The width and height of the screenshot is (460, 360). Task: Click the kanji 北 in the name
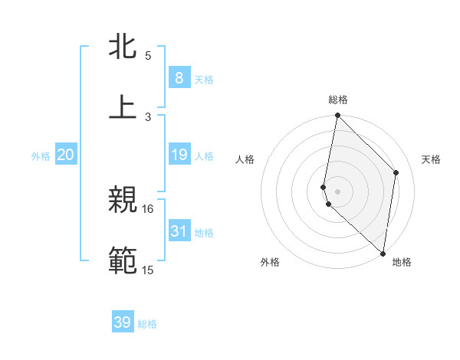click(x=123, y=47)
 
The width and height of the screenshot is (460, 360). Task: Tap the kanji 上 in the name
click(x=123, y=107)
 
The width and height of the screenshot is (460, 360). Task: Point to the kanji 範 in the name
click(x=123, y=260)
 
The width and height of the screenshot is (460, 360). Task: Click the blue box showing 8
click(x=179, y=78)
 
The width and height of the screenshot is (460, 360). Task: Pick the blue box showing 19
click(x=179, y=155)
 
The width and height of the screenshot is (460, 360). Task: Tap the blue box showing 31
click(x=179, y=231)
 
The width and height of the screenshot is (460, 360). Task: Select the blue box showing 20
click(x=66, y=155)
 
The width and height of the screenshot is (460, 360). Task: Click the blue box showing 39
click(x=123, y=322)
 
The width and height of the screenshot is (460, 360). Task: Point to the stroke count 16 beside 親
click(x=148, y=208)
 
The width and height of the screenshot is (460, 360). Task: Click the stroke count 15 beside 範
click(x=148, y=270)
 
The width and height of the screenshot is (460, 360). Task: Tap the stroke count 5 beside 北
click(x=148, y=56)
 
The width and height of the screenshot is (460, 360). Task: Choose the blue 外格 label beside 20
click(x=41, y=156)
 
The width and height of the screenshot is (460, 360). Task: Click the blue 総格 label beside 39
click(x=147, y=324)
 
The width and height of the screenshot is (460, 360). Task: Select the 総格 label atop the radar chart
click(x=338, y=100)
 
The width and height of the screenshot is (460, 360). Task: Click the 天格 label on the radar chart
click(x=431, y=159)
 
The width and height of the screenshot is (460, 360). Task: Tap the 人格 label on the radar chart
click(x=245, y=159)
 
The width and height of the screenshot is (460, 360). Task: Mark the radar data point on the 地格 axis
click(x=383, y=253)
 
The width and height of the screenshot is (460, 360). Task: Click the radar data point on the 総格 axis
click(x=337, y=116)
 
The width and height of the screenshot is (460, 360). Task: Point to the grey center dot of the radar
click(x=337, y=191)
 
